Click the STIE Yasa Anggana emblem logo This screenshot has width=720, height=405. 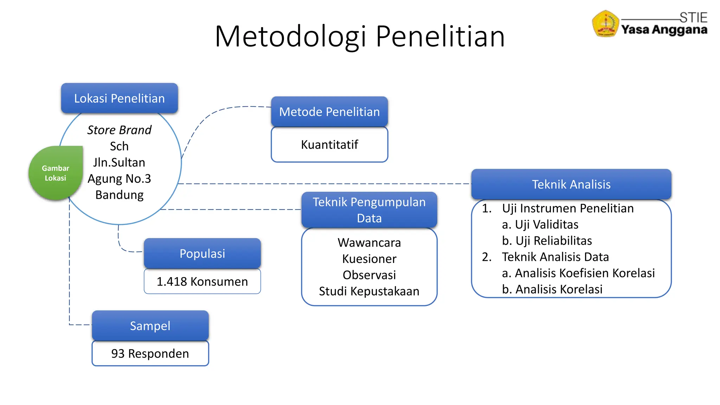coord(605,24)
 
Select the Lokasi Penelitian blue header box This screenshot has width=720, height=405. coord(120,98)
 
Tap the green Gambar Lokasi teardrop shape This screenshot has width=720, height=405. coord(55,173)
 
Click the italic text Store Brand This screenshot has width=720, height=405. coord(119,130)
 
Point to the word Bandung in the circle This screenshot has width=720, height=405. coord(120,195)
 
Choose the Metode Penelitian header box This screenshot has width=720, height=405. coord(329,112)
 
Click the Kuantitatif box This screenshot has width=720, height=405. coord(329,144)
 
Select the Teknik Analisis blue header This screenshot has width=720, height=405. coord(571,184)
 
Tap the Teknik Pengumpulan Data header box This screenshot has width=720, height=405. coord(369,210)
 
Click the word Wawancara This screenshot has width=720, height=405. coord(369,243)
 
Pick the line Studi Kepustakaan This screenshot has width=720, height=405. coord(369,291)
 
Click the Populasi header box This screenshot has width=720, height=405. coord(202,253)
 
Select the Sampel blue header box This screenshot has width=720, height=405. coord(150,326)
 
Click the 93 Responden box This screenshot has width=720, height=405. coord(150,353)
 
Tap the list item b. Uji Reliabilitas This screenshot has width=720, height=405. coord(547,241)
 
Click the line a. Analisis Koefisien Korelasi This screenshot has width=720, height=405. coord(578,273)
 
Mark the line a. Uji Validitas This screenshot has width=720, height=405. coord(540,225)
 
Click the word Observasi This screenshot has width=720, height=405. coord(369,275)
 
